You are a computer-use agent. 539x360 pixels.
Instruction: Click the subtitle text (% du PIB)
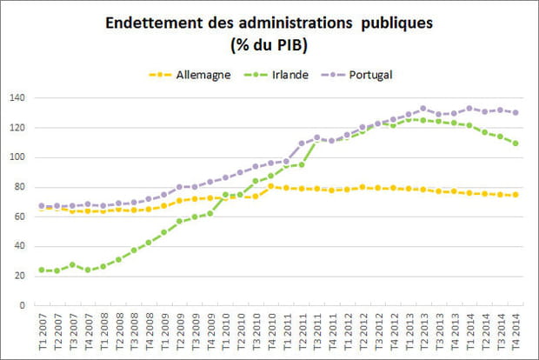(x=270, y=44)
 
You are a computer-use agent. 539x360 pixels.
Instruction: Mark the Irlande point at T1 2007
(x=41, y=270)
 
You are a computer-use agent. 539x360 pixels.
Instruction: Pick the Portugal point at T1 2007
(x=41, y=206)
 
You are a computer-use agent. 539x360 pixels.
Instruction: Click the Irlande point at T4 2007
(x=87, y=270)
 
